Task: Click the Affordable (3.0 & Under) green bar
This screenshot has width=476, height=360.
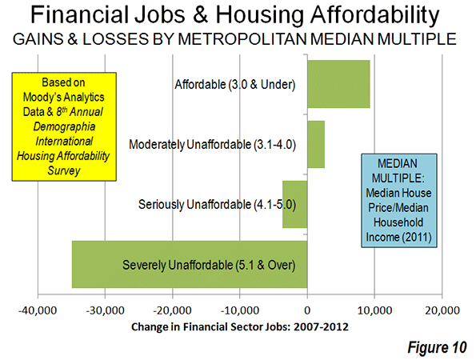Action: [338, 84]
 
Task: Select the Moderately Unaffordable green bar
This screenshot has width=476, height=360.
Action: [316, 144]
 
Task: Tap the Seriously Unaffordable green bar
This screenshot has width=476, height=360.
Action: [294, 204]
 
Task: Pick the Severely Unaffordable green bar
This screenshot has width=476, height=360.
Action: [190, 264]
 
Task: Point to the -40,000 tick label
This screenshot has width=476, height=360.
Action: [38, 310]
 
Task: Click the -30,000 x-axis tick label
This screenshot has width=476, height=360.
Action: [105, 310]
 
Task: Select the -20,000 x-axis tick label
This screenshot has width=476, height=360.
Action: [173, 310]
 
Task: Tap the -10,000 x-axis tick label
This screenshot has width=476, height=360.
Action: [240, 310]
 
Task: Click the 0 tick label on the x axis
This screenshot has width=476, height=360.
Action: [307, 310]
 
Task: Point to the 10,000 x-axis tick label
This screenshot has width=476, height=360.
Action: [375, 310]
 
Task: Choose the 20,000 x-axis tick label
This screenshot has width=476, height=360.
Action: [442, 310]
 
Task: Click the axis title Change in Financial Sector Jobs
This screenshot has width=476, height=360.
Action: [240, 327]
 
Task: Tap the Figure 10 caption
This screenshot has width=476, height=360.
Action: [437, 347]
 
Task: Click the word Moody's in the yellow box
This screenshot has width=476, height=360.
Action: [39, 97]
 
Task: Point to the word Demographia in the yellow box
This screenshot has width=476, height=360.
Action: [64, 126]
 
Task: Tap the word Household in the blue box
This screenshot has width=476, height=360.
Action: [398, 222]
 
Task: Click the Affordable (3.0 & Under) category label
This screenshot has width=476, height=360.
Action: [235, 84]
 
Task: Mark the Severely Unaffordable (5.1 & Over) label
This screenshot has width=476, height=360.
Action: [209, 265]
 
